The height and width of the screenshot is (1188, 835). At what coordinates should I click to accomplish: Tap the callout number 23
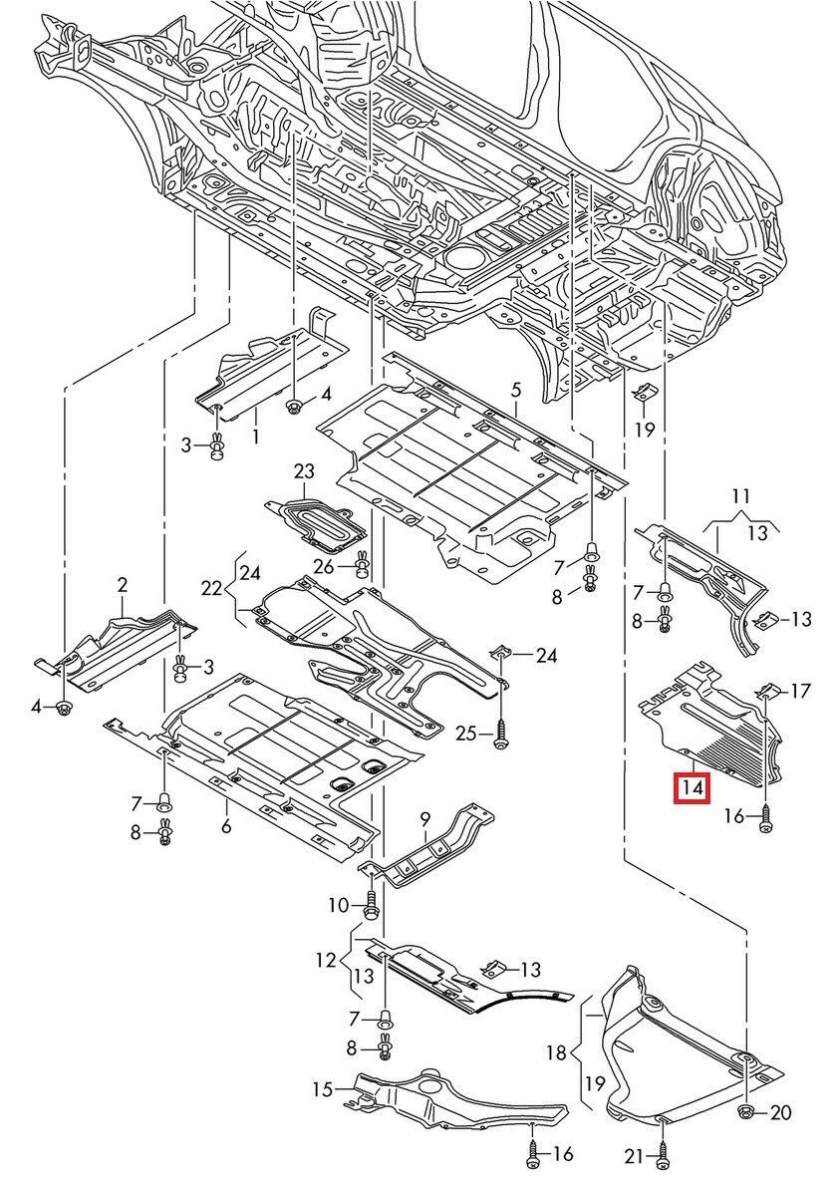pos(304,469)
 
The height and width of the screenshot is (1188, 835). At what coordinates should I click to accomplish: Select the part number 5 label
pos(516,390)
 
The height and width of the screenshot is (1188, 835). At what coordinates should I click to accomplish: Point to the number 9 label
pos(424,819)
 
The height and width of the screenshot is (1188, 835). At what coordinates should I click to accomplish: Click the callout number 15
pos(320,1089)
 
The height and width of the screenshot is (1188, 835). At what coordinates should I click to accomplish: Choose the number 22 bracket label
pos(210,589)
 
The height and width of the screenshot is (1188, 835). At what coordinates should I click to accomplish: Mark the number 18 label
pos(556,1052)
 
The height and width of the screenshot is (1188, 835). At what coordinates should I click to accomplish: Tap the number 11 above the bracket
pos(739,495)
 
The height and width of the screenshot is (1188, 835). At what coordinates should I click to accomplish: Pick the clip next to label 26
pos(363,567)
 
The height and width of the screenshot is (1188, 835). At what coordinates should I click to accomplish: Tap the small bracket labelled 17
pos(768,689)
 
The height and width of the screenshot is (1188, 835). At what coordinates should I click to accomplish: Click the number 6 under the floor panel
pos(226,826)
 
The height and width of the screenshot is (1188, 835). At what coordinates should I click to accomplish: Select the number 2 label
pos(123,585)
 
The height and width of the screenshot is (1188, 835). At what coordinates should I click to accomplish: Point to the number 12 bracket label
pos(327,962)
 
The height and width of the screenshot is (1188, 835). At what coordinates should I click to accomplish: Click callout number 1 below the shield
pos(255,436)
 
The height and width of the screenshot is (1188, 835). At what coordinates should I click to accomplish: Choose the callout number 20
pos(780,1113)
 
